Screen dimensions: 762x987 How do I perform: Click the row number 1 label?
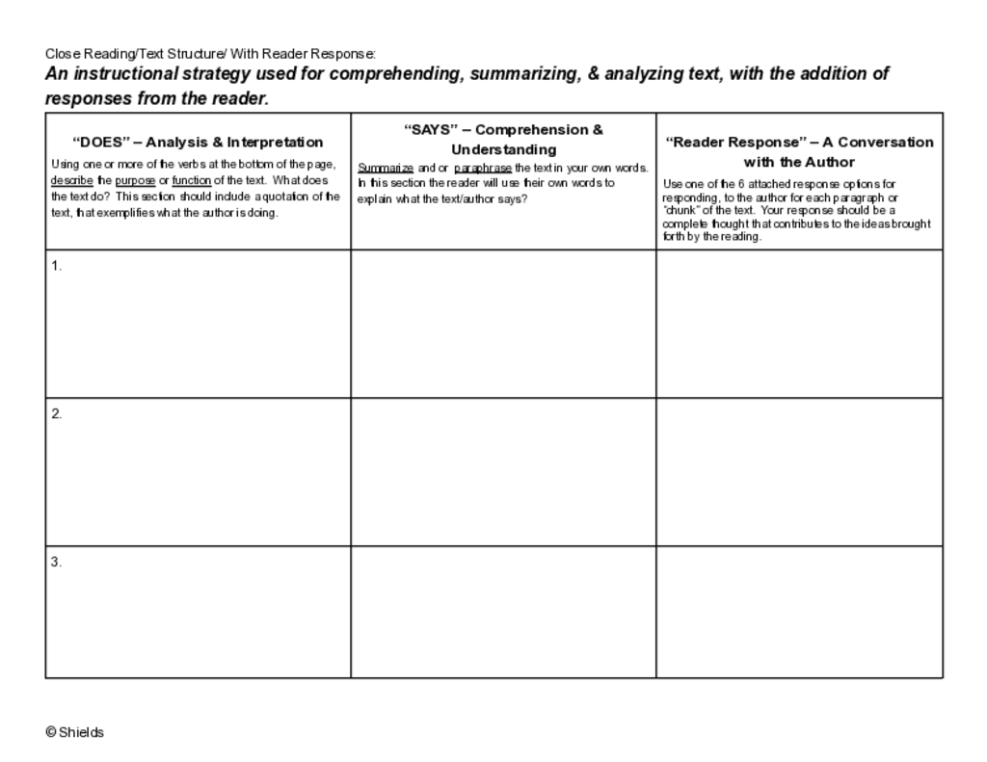click(x=56, y=266)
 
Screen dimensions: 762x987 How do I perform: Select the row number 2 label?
click(x=56, y=413)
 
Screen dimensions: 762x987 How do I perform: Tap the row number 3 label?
click(x=56, y=562)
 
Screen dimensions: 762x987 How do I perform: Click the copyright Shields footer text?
click(x=74, y=732)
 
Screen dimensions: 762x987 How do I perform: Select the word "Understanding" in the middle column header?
click(x=503, y=149)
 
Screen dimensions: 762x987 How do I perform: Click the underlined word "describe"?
click(x=71, y=180)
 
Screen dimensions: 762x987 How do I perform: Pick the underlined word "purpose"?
click(x=135, y=180)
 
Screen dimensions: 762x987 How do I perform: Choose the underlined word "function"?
click(x=191, y=180)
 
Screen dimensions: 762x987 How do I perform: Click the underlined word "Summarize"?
click(x=386, y=168)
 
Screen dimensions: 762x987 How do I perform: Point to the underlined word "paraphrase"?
click(x=482, y=168)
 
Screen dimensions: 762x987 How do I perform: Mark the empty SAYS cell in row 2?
click(x=503, y=472)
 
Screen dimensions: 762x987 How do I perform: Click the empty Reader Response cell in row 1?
click(x=799, y=324)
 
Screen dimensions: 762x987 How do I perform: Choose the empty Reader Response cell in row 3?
click(x=799, y=612)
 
